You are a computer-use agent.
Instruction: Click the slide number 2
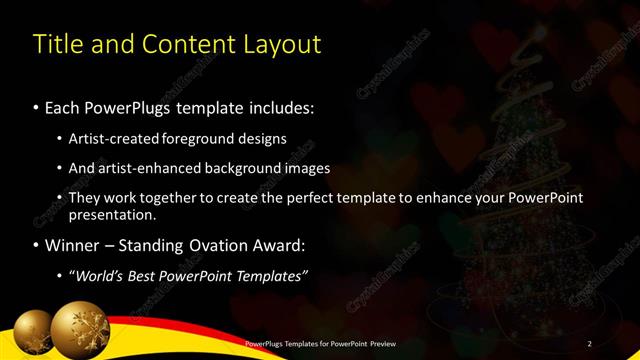click(x=590, y=343)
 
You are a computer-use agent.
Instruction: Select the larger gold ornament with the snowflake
click(x=80, y=332)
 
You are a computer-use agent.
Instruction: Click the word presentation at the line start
click(x=111, y=214)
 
